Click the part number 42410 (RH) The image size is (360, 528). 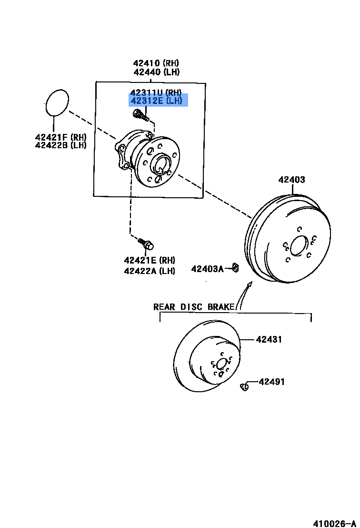click(157, 63)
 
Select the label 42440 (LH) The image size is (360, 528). click(157, 72)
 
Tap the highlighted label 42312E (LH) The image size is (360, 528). click(156, 101)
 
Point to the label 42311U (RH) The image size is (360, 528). click(156, 92)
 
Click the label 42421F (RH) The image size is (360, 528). click(60, 137)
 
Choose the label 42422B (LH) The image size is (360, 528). click(60, 145)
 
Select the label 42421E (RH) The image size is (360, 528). click(150, 260)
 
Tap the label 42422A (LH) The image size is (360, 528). click(150, 271)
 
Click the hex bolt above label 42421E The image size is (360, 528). click(146, 244)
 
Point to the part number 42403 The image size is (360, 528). click(292, 180)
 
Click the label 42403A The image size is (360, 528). click(207, 269)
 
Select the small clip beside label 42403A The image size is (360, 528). click(235, 267)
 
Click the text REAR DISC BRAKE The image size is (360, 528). click(194, 306)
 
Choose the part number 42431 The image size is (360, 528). click(269, 340)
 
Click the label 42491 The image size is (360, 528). click(272, 382)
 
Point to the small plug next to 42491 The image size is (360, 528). click(245, 386)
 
